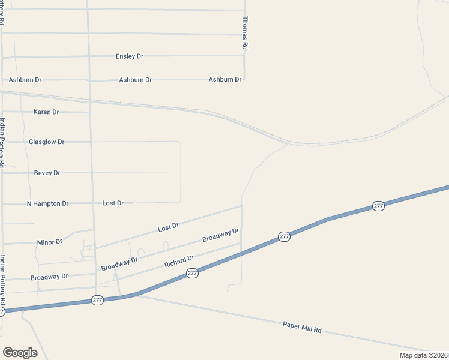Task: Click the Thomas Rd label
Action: [244, 32]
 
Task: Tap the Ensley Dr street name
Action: [130, 56]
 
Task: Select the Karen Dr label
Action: [46, 112]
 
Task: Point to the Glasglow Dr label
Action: [46, 142]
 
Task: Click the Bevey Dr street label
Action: [47, 173]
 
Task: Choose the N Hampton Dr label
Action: [47, 203]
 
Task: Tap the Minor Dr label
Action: [50, 242]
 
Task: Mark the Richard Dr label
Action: [179, 262]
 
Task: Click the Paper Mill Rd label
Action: [303, 327]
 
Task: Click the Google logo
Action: [20, 353]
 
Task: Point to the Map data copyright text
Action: [424, 355]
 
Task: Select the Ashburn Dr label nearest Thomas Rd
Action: [225, 79]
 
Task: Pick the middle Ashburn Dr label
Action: [135, 80]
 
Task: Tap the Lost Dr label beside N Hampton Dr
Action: [113, 203]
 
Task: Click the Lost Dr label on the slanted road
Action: [169, 227]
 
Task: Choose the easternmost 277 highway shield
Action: [378, 206]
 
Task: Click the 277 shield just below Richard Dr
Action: [192, 273]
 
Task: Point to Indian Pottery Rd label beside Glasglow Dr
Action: [2, 142]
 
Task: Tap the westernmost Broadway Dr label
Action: [49, 277]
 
